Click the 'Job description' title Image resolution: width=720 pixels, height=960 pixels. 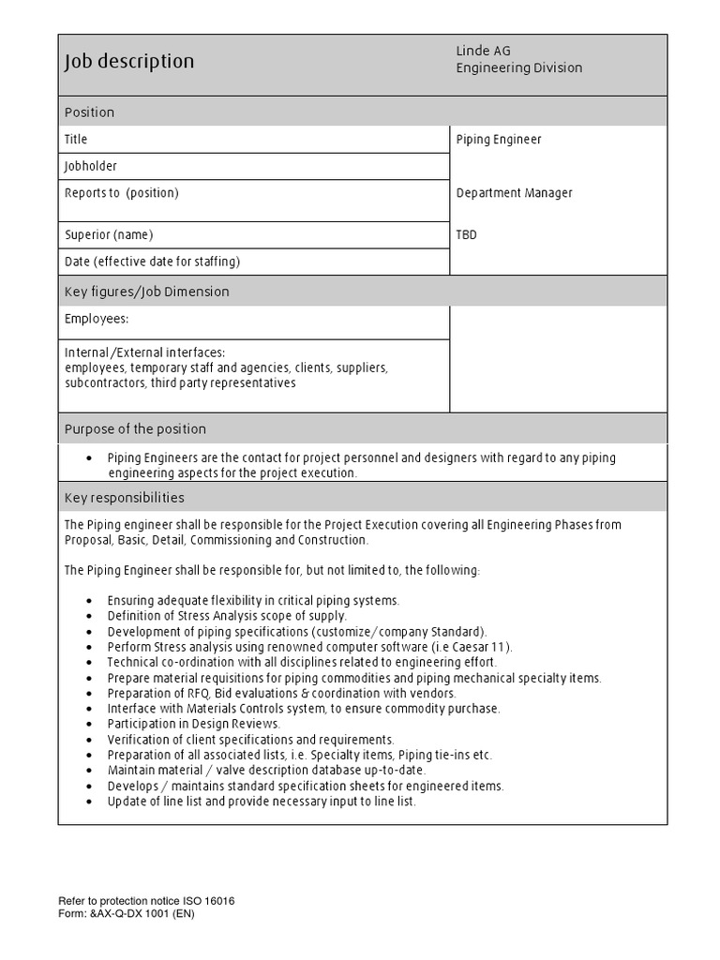pos(129,62)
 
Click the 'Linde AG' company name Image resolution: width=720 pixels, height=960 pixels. pos(484,51)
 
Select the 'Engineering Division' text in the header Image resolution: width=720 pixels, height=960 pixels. pos(518,67)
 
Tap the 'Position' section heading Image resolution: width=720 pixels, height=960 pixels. pos(89,112)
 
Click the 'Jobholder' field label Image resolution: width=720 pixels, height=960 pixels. pos(91,166)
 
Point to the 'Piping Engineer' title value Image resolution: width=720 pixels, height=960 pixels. pos(499,140)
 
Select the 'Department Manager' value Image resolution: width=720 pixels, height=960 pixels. pos(514,193)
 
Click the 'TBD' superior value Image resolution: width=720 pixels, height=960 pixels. pos(466,235)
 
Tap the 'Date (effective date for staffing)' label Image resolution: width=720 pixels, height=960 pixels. pos(152,262)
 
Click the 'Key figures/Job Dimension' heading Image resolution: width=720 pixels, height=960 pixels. pos(146,292)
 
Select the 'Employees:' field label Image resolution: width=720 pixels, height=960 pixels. pos(96,319)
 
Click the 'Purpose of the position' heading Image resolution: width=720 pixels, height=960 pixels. pos(135,428)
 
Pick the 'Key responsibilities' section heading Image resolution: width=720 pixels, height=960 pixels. pos(124,497)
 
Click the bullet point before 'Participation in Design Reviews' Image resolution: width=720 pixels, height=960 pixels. pos(88,725)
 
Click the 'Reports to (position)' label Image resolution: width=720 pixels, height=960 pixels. pos(121,193)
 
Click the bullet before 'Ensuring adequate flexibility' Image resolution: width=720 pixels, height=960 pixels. pos(88,601)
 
